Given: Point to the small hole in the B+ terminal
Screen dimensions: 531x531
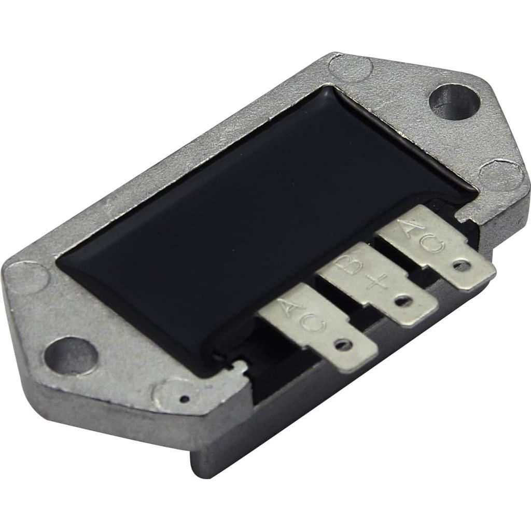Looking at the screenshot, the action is [x=402, y=300].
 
